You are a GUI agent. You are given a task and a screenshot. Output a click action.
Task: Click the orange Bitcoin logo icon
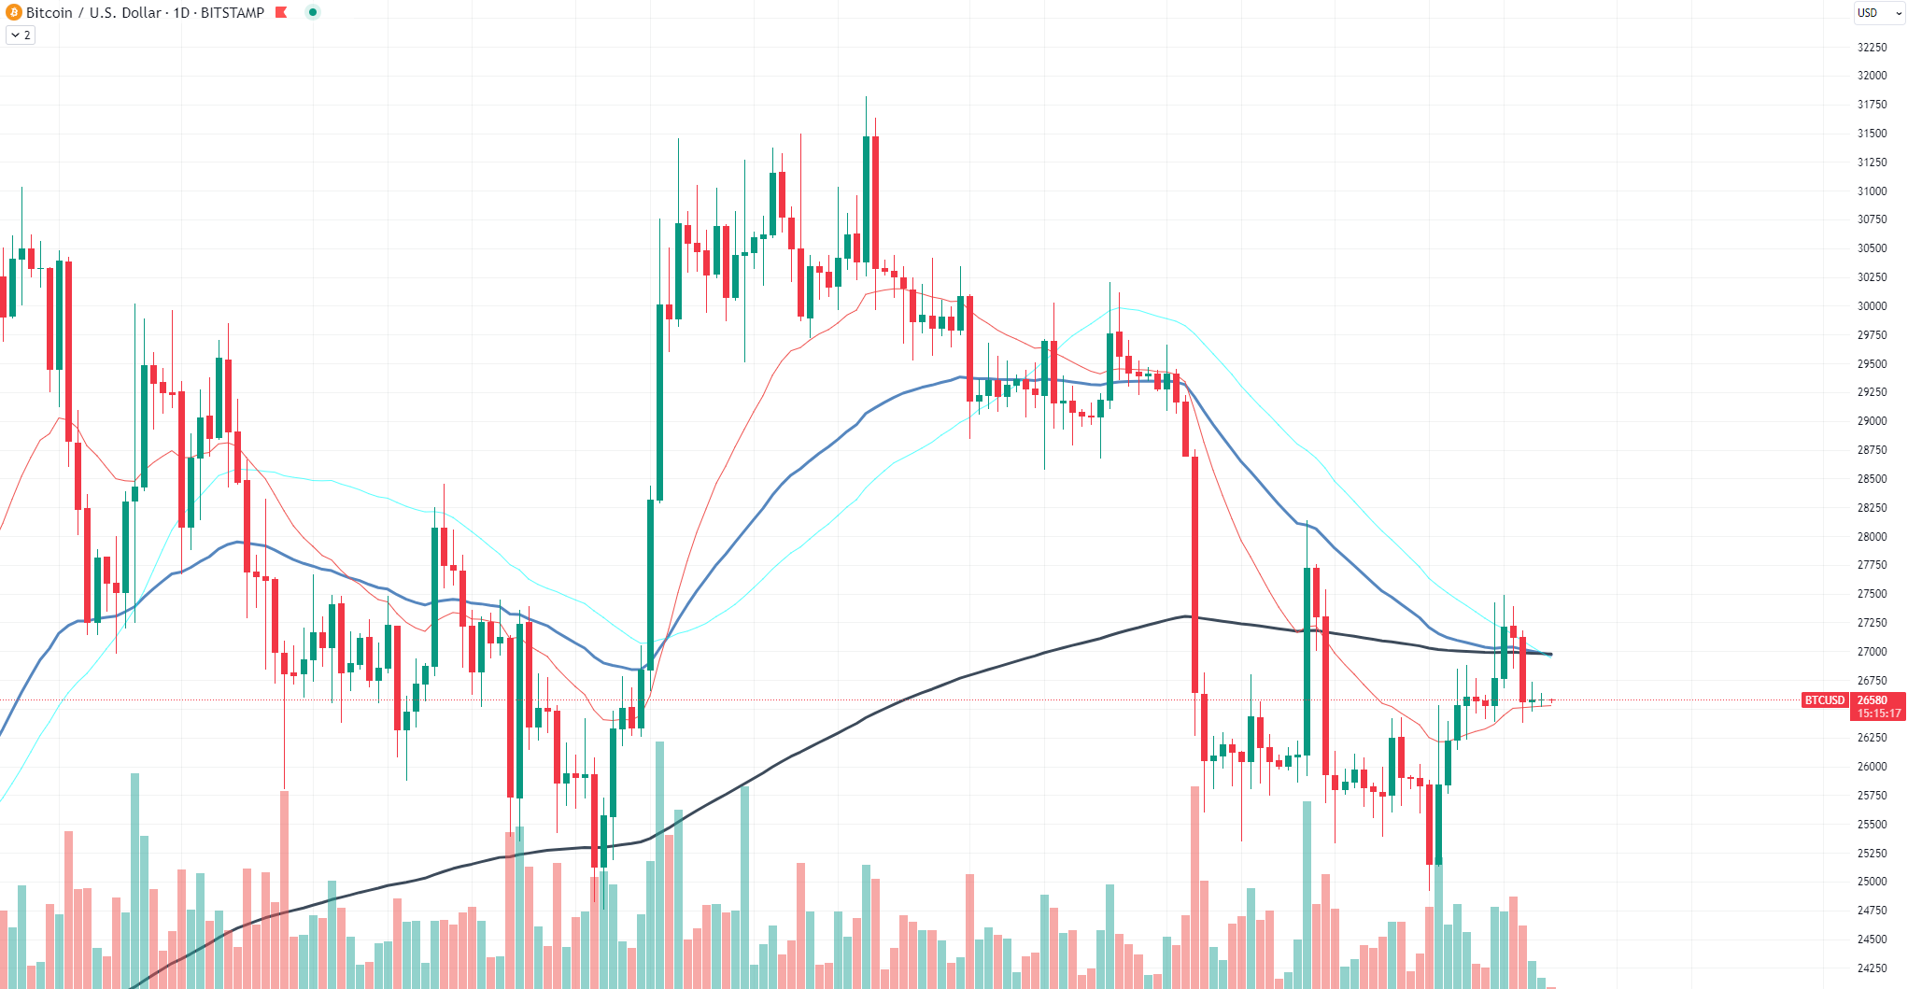[14, 12]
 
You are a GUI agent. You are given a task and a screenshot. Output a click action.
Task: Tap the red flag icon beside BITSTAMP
[281, 12]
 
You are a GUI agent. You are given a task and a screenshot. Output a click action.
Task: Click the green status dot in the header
[313, 12]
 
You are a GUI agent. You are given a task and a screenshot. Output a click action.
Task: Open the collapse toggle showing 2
[21, 35]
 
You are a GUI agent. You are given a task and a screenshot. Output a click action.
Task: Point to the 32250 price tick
[1872, 48]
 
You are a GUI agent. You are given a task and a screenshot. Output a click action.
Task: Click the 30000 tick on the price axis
[1872, 306]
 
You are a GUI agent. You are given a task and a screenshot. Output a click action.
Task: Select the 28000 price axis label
[1872, 537]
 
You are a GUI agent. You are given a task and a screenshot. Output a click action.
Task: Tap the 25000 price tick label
[1872, 882]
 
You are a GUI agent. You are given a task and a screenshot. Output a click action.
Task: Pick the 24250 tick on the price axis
[1872, 968]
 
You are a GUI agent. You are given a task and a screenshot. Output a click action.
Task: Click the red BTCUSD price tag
[1825, 700]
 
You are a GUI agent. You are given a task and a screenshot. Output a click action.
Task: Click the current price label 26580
[1873, 700]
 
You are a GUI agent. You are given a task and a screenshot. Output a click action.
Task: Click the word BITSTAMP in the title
[233, 12]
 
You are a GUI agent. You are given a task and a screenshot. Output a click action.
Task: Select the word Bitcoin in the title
[49, 12]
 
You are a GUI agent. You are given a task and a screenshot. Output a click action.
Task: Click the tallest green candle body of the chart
[660, 403]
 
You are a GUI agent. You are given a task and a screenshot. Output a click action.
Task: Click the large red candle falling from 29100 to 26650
[1194, 574]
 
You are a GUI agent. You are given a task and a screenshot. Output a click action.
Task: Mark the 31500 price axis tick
[1872, 134]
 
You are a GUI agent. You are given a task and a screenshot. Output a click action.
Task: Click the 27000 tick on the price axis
[1872, 652]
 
